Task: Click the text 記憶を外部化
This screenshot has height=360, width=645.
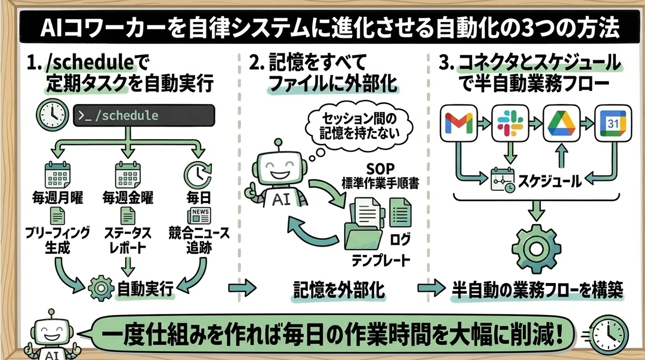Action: click(339, 289)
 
